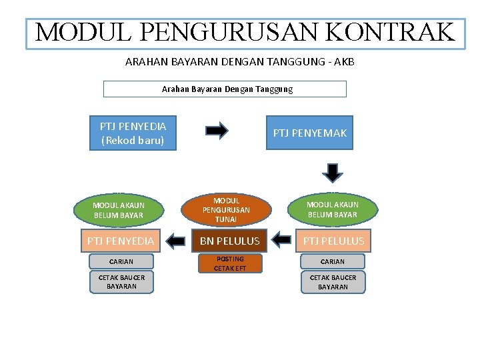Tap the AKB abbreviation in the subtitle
pos(344,61)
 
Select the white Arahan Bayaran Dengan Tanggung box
pos(225,89)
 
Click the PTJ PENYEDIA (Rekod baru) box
pos(133,133)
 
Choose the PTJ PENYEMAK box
pos(309,133)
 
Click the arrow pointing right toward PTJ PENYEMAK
pos(217,131)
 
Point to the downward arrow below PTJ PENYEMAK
pos(332,172)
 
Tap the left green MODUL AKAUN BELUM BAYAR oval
pos(119,210)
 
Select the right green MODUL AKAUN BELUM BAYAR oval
pos(333,210)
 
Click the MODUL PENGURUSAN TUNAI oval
pos(226,210)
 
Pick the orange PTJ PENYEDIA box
pos(121,241)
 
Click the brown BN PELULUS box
pos(229,241)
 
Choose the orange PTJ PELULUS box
pos(333,241)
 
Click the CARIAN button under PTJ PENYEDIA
pos(121,262)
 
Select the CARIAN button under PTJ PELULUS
pos(333,262)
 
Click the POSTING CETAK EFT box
pos(229,263)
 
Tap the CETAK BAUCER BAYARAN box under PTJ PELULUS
pos(333,282)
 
